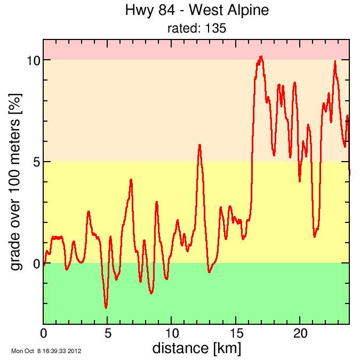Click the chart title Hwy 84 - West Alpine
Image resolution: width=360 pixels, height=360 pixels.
click(x=196, y=10)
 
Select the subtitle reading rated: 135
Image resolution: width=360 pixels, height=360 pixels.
click(x=196, y=28)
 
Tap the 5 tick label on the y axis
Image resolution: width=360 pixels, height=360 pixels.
click(x=36, y=162)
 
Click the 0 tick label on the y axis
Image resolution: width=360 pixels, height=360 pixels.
click(x=36, y=263)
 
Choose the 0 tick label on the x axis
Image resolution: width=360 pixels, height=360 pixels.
click(x=44, y=333)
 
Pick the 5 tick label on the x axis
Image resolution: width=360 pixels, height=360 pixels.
click(x=108, y=333)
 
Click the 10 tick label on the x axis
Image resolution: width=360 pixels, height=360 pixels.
click(x=172, y=333)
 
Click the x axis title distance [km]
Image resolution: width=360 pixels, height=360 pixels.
click(x=196, y=348)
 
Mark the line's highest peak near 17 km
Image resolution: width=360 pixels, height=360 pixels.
click(x=261, y=57)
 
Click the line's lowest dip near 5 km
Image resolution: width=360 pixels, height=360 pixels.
click(x=106, y=308)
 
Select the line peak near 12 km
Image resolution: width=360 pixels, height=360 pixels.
click(x=199, y=145)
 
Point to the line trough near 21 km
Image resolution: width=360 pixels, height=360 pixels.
click(x=315, y=236)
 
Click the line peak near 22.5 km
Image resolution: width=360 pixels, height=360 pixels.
click(x=335, y=61)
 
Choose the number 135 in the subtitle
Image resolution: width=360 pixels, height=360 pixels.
click(x=217, y=28)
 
